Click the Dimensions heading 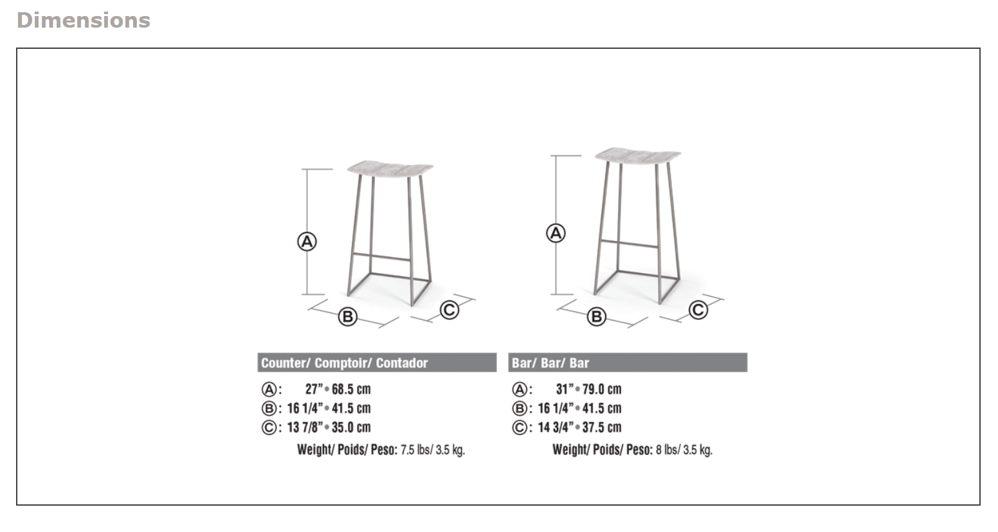83,21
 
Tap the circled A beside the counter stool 307,242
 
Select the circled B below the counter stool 347,316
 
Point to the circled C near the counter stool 449,310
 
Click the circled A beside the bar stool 556,233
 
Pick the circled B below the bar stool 597,316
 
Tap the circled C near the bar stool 698,310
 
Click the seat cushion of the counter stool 388,168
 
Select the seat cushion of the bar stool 637,156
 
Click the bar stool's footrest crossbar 629,244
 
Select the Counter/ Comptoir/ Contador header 344,363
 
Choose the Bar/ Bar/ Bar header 550,363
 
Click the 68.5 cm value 351,389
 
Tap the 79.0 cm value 602,389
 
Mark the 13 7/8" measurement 304,428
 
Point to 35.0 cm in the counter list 351,428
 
